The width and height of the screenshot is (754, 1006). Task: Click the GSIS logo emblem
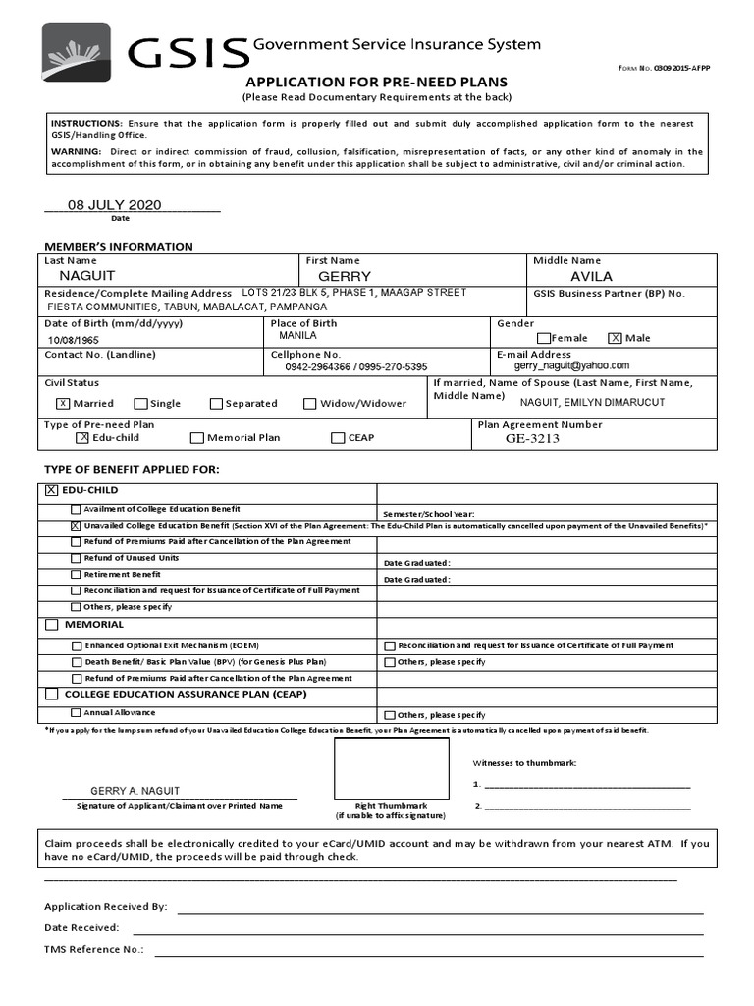(76, 52)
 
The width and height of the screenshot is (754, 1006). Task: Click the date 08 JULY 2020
(114, 205)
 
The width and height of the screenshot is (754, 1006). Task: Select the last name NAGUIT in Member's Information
(87, 277)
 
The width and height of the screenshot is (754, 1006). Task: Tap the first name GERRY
(338, 277)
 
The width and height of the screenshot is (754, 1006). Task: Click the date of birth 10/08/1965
(75, 340)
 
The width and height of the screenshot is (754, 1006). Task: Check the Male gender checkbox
(616, 338)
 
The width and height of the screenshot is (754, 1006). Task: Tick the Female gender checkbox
(545, 338)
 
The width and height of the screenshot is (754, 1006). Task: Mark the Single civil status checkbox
(141, 403)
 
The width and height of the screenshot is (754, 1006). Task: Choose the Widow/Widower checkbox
(310, 403)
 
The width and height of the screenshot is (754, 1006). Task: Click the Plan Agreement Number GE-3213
(532, 439)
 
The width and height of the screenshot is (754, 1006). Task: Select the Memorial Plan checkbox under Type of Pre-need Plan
(197, 438)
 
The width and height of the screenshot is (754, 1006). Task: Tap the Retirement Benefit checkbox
(76, 574)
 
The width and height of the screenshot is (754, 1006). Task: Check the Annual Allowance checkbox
(76, 713)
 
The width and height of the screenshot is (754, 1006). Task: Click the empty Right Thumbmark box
(391, 766)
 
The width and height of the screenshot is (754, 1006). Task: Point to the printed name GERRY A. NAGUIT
(135, 791)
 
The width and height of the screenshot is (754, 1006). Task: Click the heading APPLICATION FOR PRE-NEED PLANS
(376, 83)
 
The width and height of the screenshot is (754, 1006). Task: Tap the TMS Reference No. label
(93, 950)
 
